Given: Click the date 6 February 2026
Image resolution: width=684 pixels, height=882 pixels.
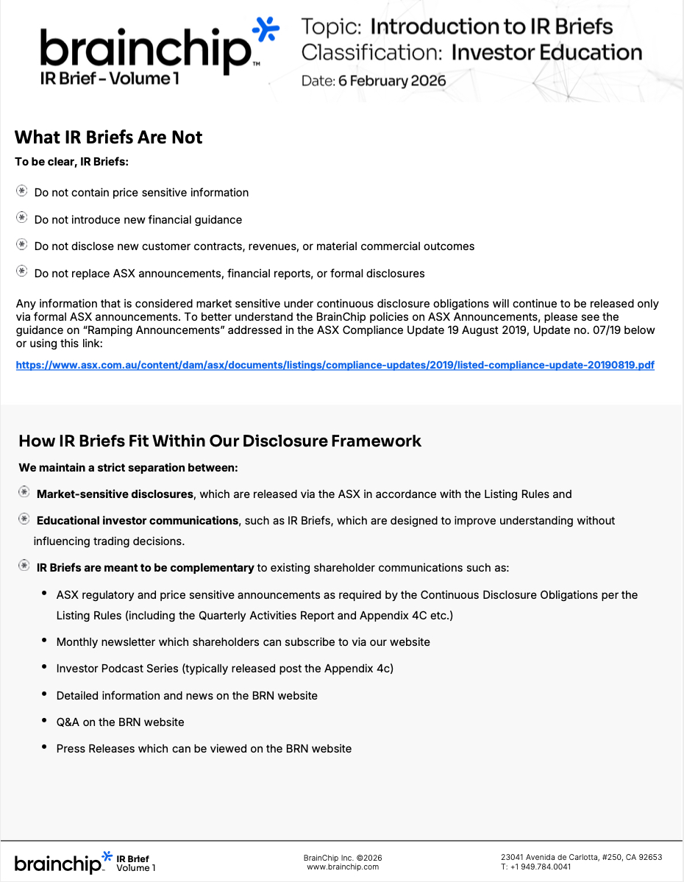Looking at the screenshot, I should click(x=392, y=81).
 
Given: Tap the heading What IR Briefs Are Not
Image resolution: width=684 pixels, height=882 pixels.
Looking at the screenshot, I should click(x=108, y=138).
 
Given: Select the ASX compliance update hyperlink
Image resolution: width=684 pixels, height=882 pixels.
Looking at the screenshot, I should click(x=335, y=365).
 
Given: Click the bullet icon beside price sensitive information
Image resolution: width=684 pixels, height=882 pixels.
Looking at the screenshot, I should click(x=22, y=191).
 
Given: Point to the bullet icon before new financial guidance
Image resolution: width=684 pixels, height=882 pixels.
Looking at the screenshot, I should click(x=22, y=218).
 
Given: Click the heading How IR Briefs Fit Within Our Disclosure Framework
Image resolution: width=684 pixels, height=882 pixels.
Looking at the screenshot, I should click(x=220, y=441).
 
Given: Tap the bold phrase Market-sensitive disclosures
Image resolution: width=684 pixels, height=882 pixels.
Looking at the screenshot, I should click(x=115, y=494).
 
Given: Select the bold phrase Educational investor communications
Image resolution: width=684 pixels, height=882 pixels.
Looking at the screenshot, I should click(x=138, y=521).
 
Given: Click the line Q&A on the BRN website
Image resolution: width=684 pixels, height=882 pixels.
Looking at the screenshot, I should click(x=120, y=722).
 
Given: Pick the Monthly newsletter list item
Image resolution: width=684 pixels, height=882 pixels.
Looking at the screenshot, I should click(x=243, y=642).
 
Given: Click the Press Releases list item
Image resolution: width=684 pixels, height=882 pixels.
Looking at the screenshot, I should click(x=204, y=749).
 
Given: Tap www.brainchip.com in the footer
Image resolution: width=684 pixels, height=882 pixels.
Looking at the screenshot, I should click(x=343, y=867).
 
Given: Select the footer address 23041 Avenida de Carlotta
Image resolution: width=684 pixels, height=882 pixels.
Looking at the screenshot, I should click(x=581, y=857).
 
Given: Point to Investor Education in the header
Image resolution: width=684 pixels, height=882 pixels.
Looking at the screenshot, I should click(x=546, y=53).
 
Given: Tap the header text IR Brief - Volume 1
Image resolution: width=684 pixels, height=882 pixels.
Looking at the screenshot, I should click(x=110, y=79).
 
